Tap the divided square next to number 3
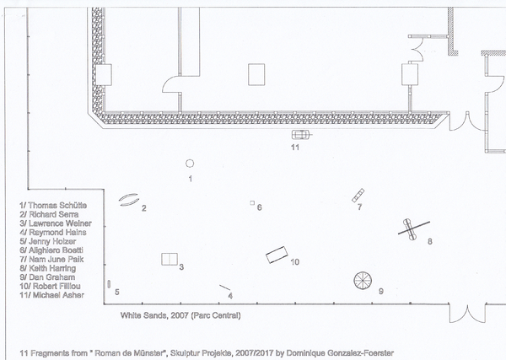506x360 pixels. tap(170, 260)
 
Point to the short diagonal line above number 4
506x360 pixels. tap(225, 287)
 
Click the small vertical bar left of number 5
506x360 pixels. tap(109, 284)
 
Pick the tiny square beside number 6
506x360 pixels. tap(252, 203)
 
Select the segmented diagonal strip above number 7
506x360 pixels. tap(358, 196)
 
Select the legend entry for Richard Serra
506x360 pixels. tap(49, 214)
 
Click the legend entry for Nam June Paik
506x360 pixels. tap(51, 260)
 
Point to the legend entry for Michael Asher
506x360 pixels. tap(51, 295)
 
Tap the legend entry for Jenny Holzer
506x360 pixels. tap(47, 241)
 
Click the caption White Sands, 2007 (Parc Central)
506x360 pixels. tap(180, 315)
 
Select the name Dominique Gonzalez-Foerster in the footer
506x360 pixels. tap(340, 353)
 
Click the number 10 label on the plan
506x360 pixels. tap(295, 262)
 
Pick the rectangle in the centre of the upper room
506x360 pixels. tap(256, 74)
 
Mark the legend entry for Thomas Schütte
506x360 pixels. tap(53, 206)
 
